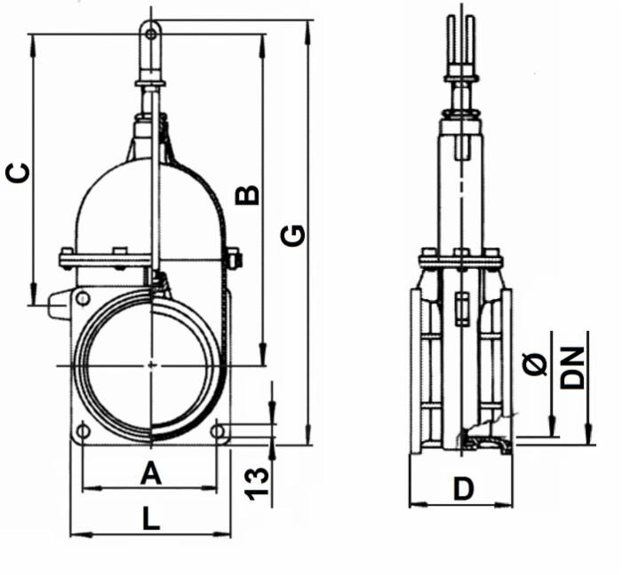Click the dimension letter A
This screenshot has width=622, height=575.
[x=151, y=475]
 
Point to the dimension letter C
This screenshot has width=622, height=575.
[x=19, y=173]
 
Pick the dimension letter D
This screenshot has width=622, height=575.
[x=463, y=488]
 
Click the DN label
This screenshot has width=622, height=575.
[x=575, y=367]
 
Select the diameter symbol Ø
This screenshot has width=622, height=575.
[x=536, y=363]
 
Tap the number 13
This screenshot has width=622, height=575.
[x=257, y=480]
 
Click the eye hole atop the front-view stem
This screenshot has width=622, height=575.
[x=152, y=35]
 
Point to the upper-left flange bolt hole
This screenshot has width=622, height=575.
[x=83, y=298]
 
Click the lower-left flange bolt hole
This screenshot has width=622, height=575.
[x=83, y=431]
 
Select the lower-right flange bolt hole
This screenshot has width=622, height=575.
[x=220, y=431]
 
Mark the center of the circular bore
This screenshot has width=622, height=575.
[x=151, y=365]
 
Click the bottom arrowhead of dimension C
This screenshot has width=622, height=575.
[x=32, y=300]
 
